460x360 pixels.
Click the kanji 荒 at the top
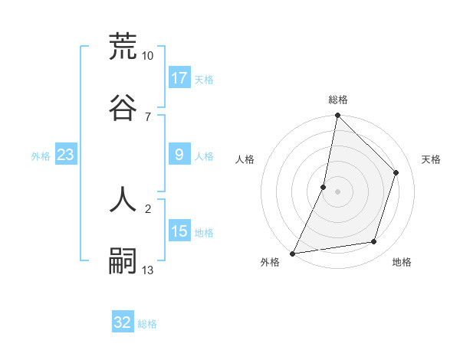tap(123, 47)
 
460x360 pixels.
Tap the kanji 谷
tap(123, 106)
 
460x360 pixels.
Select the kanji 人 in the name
tap(123, 198)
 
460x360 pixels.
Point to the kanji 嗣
tap(123, 260)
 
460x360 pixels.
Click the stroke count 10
tap(147, 56)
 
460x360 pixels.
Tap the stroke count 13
tap(148, 270)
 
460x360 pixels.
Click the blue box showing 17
tap(179, 78)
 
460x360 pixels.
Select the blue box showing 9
tap(179, 155)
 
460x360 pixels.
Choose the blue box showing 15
tap(179, 232)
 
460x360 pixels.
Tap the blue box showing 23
tap(66, 155)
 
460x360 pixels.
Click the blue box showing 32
tap(123, 322)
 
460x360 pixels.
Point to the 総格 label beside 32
tap(147, 324)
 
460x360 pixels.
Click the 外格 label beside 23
tap(41, 156)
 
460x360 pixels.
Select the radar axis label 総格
tap(338, 100)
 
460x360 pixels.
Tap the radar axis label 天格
tap(431, 159)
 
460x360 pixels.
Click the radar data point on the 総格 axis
tap(337, 115)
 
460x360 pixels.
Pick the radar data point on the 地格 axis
tap(374, 242)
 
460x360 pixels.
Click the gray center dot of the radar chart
tap(337, 191)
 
